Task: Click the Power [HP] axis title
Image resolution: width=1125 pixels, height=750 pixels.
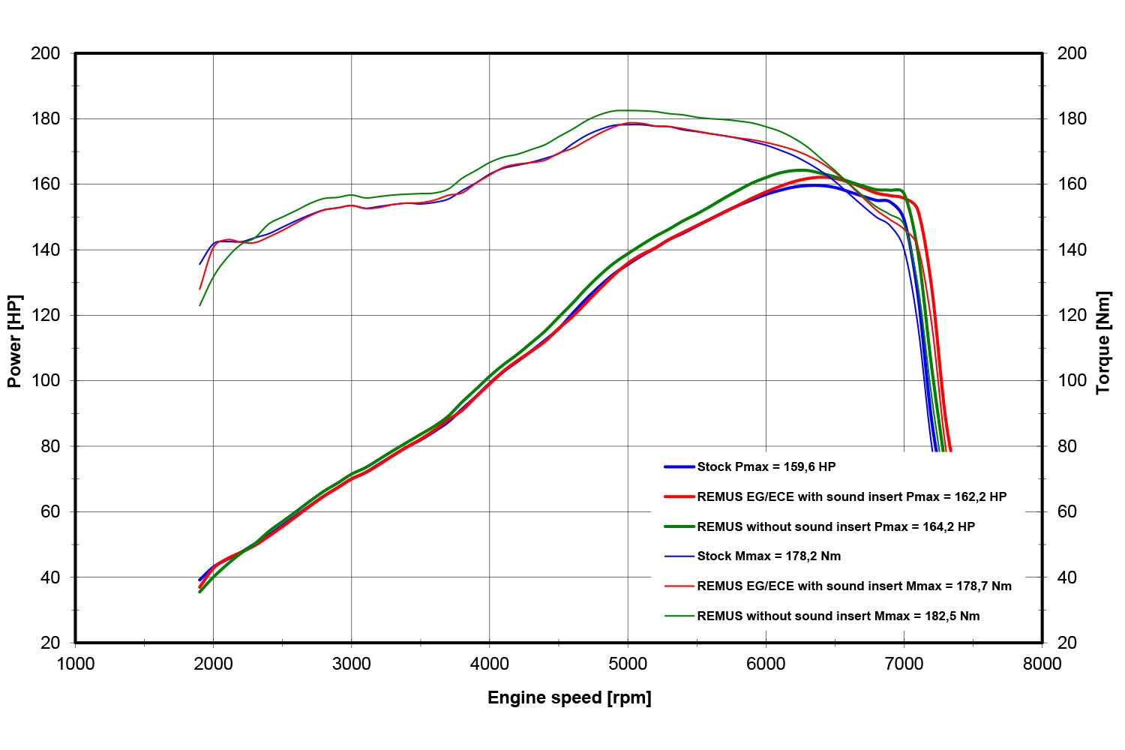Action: (x=14, y=341)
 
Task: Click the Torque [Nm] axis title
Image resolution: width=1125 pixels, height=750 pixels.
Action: (x=1103, y=342)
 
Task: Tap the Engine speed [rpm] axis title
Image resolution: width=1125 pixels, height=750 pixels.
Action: (x=569, y=698)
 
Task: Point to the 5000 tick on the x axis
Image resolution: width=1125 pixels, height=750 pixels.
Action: (x=628, y=664)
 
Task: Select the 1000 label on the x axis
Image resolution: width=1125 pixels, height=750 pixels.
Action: (x=76, y=664)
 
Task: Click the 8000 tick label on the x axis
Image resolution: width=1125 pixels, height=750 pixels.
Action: (x=1042, y=664)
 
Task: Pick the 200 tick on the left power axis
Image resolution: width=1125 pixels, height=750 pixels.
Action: (x=45, y=53)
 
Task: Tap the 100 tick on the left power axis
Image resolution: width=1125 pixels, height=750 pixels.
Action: (x=45, y=380)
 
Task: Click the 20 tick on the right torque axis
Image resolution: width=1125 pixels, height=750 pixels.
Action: (x=1066, y=643)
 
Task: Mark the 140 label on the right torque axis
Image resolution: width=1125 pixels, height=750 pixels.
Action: (x=1072, y=250)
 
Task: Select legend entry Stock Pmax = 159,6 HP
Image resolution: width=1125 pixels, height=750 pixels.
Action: (x=766, y=466)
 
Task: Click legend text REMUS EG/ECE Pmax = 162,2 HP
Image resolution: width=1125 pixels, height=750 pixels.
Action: (x=851, y=496)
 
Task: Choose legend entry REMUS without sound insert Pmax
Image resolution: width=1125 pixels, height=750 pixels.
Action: (x=835, y=526)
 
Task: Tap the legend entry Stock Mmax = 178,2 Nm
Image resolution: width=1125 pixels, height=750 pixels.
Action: (x=769, y=556)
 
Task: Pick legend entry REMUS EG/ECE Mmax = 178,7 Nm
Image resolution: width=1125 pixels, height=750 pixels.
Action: (x=853, y=586)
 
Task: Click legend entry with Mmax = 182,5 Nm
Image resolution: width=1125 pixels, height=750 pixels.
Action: (x=838, y=616)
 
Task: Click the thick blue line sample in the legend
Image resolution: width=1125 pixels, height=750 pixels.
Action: (x=679, y=466)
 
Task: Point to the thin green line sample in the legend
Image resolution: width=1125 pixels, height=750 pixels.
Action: (x=679, y=616)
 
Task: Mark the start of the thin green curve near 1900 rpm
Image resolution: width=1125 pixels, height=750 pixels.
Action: (x=200, y=305)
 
